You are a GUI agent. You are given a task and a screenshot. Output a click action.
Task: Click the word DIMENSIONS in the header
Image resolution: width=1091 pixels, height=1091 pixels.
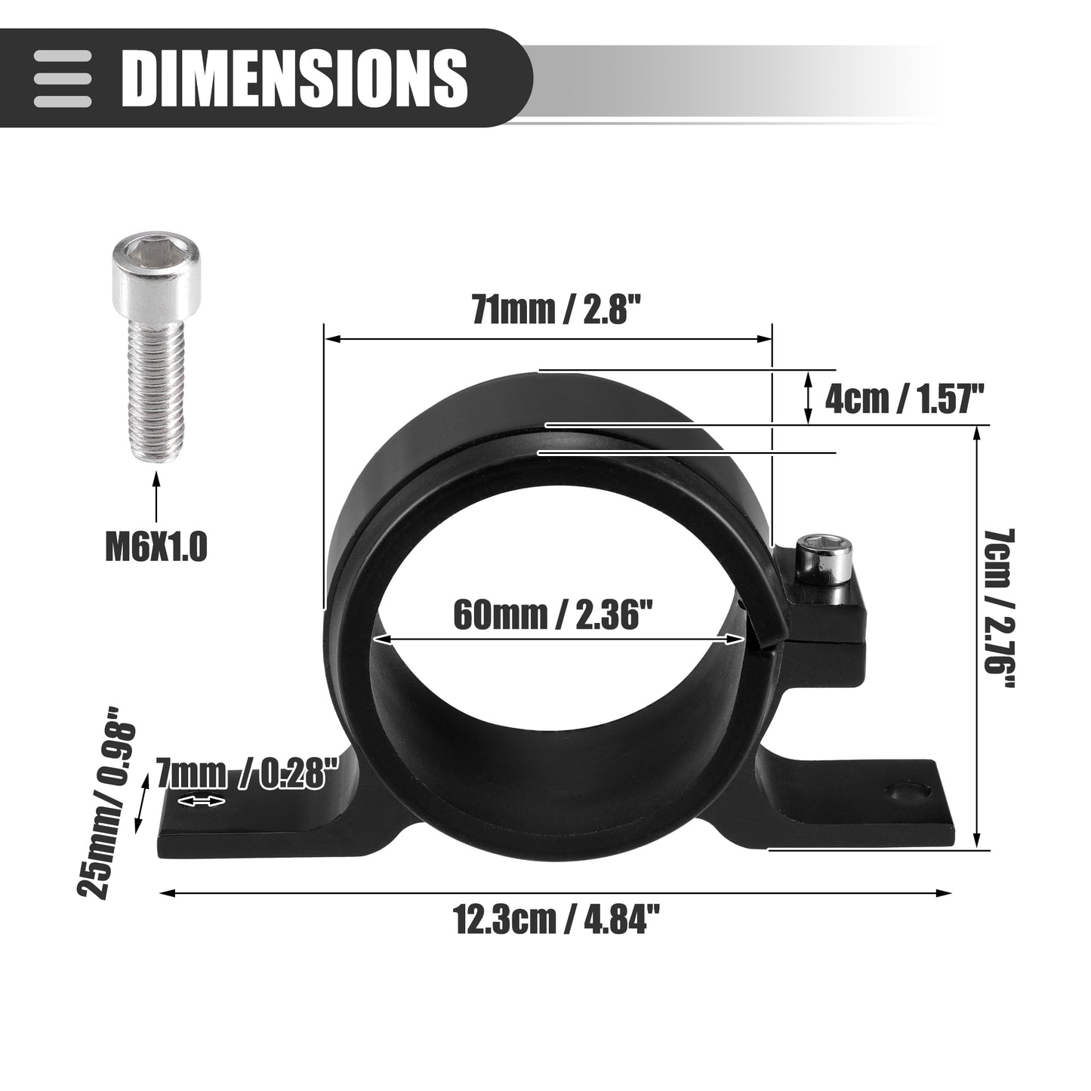294,78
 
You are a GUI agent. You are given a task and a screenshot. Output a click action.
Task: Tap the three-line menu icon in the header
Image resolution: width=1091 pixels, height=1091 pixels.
63,79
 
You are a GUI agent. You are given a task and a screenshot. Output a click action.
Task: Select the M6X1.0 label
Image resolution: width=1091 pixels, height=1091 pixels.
157,547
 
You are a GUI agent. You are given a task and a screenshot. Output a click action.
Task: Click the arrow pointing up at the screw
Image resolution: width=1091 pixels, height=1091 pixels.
157,499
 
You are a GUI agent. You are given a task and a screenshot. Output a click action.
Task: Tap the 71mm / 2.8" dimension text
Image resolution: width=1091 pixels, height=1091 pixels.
557,310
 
